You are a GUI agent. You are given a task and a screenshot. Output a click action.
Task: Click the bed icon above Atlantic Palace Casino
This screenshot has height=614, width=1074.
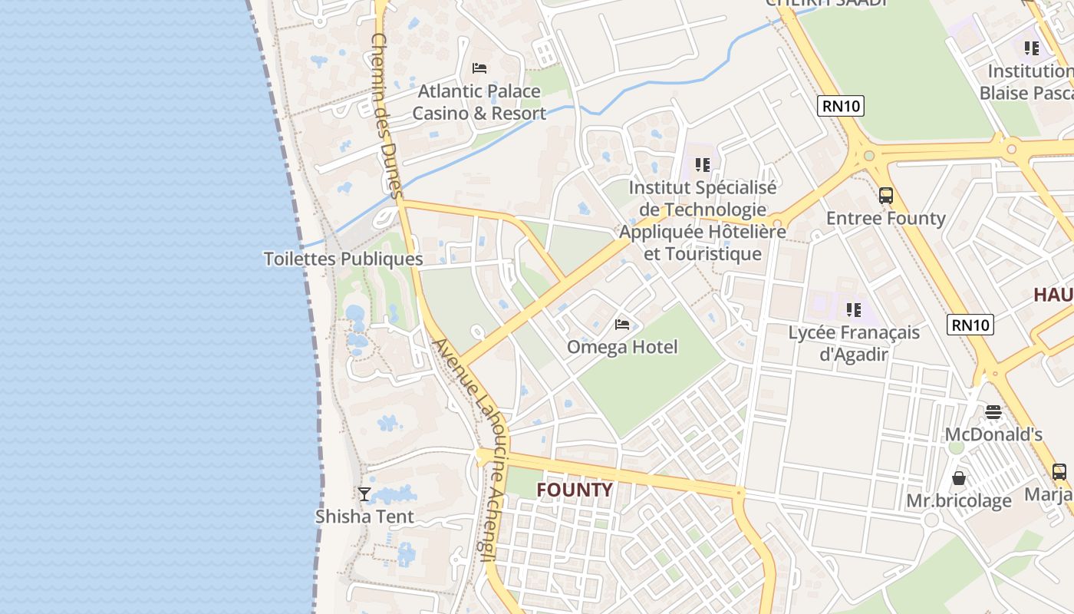tap(479, 68)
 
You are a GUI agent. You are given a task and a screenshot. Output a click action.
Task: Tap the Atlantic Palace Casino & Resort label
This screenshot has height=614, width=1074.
tap(479, 102)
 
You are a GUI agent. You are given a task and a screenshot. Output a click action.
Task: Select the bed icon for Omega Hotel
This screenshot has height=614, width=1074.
tap(622, 325)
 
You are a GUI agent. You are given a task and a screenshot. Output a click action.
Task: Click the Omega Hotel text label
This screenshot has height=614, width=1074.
tap(622, 347)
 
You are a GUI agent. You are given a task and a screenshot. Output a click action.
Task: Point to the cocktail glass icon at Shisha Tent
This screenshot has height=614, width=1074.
tap(364, 494)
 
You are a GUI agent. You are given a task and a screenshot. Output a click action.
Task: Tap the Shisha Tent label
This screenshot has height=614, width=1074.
tap(364, 517)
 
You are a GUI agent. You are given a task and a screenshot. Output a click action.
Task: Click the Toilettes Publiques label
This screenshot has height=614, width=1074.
tap(343, 259)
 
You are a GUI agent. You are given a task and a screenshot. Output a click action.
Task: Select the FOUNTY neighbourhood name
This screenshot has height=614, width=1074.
tap(575, 490)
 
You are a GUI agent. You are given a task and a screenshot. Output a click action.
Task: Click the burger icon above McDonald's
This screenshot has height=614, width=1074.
tap(993, 412)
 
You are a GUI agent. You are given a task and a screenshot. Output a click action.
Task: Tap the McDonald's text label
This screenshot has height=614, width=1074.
tap(993, 434)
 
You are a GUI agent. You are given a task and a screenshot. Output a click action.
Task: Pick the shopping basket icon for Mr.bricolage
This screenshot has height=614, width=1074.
tap(959, 478)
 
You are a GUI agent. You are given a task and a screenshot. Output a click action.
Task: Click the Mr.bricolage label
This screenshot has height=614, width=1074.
tap(959, 501)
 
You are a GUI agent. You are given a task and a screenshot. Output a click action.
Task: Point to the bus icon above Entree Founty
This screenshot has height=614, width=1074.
tap(886, 196)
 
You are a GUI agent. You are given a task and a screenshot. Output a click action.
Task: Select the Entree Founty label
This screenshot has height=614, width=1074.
tap(886, 218)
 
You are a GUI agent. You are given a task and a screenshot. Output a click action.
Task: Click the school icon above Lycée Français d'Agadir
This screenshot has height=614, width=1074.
tap(853, 310)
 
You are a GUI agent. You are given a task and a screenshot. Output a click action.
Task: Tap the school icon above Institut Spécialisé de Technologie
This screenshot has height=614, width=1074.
tap(702, 164)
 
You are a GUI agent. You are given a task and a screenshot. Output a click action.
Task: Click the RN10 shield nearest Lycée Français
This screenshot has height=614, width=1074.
tap(970, 325)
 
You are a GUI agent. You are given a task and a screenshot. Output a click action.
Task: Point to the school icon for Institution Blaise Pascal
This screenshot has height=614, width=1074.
tap(1032, 48)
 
